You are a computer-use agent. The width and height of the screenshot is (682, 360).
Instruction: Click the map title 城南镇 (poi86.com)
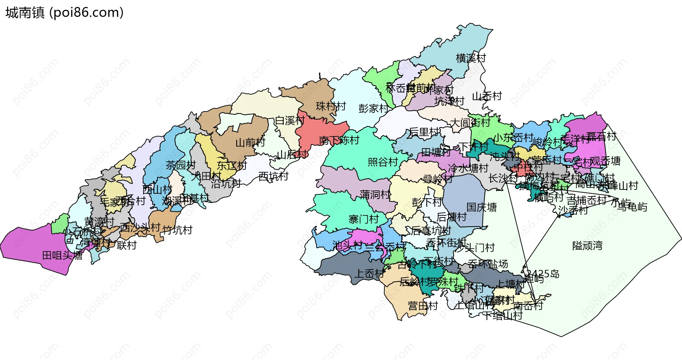(x=64, y=12)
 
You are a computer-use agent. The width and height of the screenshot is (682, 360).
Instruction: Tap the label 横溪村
(x=471, y=58)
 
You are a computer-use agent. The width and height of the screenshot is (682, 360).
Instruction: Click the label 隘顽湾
(x=587, y=246)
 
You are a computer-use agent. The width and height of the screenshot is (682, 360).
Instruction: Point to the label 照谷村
(x=383, y=162)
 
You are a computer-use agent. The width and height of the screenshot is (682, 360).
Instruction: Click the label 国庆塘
(x=481, y=207)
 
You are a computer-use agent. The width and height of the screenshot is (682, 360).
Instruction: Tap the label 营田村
(x=423, y=306)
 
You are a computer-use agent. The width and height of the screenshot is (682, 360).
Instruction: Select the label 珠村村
(x=331, y=106)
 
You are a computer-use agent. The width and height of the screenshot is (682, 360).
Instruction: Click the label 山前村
(x=250, y=143)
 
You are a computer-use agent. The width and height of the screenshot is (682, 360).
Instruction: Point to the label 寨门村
(x=363, y=219)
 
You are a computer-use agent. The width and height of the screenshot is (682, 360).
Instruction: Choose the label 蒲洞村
(x=375, y=194)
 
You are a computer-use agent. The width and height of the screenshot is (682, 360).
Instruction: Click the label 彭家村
(x=373, y=108)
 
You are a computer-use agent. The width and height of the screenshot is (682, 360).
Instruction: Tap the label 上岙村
(x=369, y=273)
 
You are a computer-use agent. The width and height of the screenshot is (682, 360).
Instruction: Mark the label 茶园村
(x=180, y=165)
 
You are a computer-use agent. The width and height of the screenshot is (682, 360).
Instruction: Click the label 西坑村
(x=273, y=176)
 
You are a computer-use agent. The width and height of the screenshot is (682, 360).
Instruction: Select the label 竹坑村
(x=177, y=230)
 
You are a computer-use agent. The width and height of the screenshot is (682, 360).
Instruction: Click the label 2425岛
(x=542, y=274)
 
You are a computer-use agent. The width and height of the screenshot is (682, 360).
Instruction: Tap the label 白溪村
(x=289, y=120)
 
